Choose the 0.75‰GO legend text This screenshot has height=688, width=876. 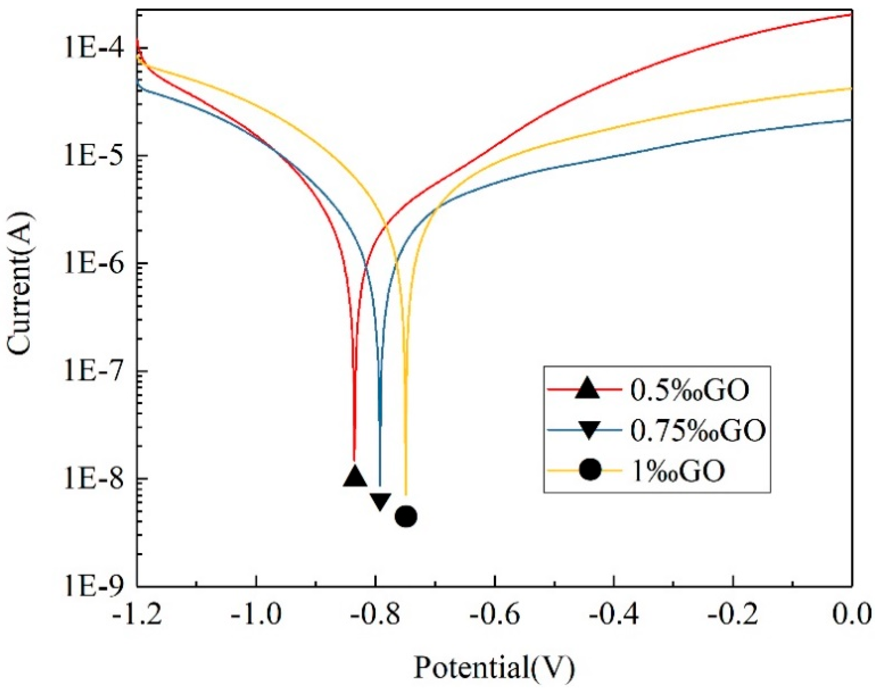click(696, 431)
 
